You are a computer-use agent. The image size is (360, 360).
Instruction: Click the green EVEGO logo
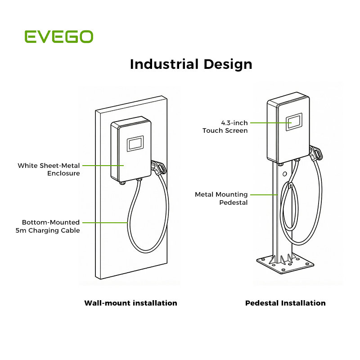coord(59,36)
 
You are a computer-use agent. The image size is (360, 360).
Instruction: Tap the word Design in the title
coord(228,65)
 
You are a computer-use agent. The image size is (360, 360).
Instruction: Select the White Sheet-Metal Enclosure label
coord(49,169)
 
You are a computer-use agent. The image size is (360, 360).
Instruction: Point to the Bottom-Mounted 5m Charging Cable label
coord(48,226)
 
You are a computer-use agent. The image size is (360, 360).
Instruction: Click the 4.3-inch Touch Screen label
coord(225,126)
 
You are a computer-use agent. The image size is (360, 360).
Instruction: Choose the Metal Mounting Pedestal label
coord(221,198)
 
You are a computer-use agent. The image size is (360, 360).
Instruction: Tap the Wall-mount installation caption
coord(130,303)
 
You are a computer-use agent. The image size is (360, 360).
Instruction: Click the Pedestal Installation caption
coord(285,303)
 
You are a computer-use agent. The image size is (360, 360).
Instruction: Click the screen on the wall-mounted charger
coord(135,144)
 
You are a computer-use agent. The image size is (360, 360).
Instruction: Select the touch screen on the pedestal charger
coord(294,122)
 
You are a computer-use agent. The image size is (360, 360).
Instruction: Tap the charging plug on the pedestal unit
coord(316,153)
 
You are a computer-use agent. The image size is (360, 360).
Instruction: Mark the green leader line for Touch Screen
coord(271,123)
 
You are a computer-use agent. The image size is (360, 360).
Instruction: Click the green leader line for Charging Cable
coord(105,223)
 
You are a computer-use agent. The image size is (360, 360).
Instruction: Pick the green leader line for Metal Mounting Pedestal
coord(264,195)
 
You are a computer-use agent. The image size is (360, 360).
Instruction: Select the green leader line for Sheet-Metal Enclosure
coord(103,165)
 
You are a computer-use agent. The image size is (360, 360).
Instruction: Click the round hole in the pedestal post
coord(285,174)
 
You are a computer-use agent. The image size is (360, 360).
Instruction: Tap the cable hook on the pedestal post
coord(290,185)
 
